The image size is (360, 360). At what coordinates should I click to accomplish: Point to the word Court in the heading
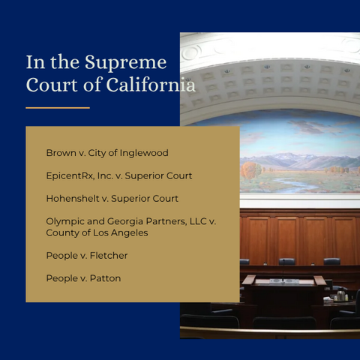point(46,85)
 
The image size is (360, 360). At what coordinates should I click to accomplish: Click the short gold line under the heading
point(57,108)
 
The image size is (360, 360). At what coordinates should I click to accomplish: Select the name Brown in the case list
point(60,153)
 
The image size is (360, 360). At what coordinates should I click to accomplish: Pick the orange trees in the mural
point(250,171)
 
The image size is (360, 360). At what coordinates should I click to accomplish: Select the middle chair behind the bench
point(286,262)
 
